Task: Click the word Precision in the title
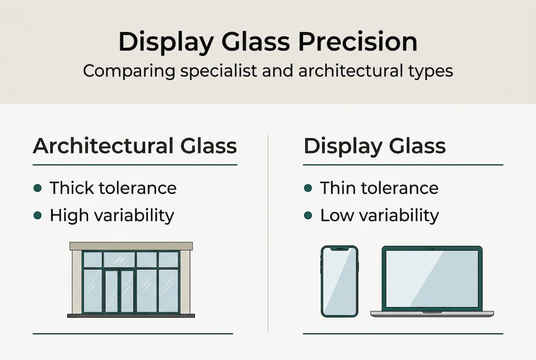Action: pyautogui.click(x=358, y=42)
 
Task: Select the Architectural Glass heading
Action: pyautogui.click(x=135, y=146)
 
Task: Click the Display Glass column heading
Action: pyautogui.click(x=375, y=146)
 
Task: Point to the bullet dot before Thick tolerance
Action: pyautogui.click(x=37, y=188)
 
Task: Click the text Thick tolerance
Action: pyautogui.click(x=113, y=188)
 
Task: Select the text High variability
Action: pyautogui.click(x=112, y=215)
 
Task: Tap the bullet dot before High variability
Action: pyautogui.click(x=37, y=215)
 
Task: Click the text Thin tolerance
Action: pyautogui.click(x=379, y=188)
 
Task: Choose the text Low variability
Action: pyautogui.click(x=380, y=215)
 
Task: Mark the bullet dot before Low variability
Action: pyautogui.click(x=308, y=215)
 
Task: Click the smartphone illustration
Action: pyautogui.click(x=340, y=281)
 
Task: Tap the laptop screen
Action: pyautogui.click(x=432, y=278)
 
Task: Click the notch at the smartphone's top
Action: pyautogui.click(x=340, y=248)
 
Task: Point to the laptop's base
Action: pyautogui.click(x=432, y=313)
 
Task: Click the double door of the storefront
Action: pyautogui.click(x=119, y=291)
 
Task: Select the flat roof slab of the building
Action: pyautogui.click(x=131, y=246)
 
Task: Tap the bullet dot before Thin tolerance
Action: pyautogui.click(x=308, y=188)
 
